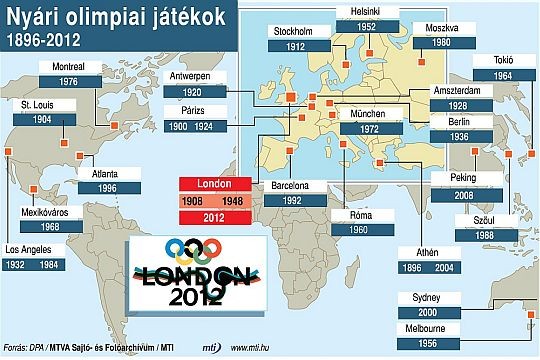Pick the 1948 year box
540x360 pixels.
(x=235, y=200)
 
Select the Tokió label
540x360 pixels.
(x=502, y=61)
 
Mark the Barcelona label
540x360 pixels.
(x=296, y=186)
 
